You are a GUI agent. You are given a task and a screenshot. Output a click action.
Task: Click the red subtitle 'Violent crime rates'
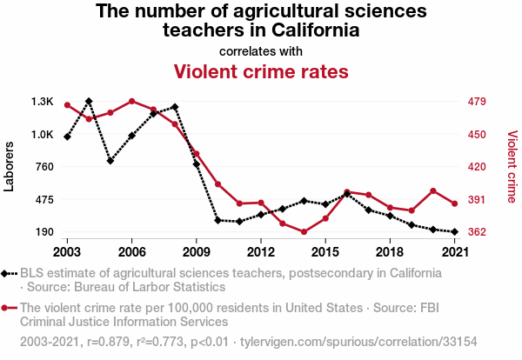coord(261,70)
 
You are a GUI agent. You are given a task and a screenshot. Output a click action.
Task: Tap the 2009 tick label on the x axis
coord(196,252)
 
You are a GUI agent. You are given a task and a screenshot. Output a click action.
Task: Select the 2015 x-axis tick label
coord(325,252)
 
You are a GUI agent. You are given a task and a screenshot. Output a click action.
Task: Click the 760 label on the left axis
coord(43,167)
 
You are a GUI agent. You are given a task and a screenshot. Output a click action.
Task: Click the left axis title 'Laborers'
coord(10,167)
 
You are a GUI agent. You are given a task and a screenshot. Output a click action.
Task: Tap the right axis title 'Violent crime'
coord(512,167)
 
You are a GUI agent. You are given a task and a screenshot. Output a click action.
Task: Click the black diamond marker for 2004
coord(89,102)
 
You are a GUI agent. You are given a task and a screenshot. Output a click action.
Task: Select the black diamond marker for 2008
coord(175,107)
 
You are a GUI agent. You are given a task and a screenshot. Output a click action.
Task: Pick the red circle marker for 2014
coord(304,232)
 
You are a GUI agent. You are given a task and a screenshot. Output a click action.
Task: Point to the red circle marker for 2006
coord(131,101)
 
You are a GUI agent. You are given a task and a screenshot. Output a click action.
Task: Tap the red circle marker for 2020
coord(433,190)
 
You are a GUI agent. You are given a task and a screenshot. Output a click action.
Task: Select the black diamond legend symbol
coord(9,273)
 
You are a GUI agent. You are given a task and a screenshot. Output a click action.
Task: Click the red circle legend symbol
coord(9,308)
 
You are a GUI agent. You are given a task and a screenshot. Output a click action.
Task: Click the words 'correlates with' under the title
coord(261,50)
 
